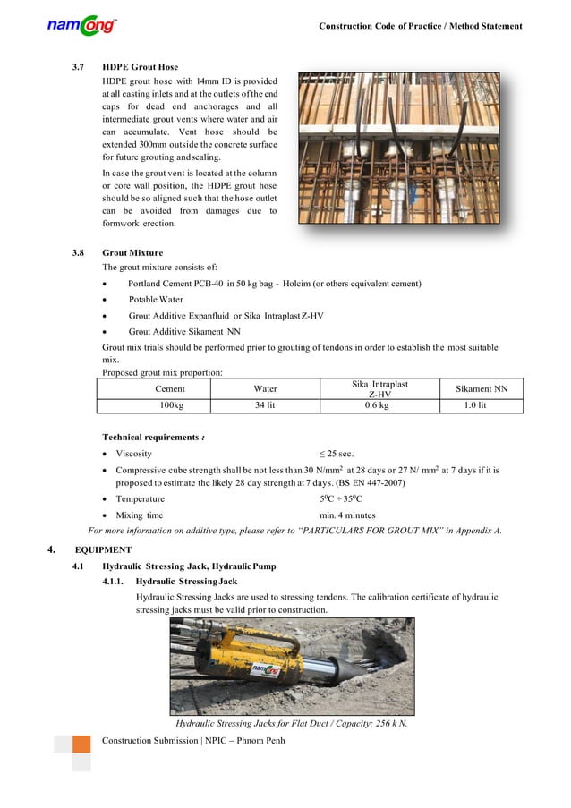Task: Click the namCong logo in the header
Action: [x=81, y=26]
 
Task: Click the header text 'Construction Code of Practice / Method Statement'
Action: [x=421, y=26]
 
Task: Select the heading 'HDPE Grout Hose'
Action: [x=140, y=67]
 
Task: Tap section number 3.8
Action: [x=80, y=253]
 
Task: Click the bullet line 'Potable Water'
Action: [x=156, y=300]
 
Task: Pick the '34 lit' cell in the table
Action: [x=265, y=405]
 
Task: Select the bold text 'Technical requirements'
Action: [x=152, y=438]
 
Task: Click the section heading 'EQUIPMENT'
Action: [x=103, y=549]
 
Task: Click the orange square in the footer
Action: [x=81, y=744]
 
